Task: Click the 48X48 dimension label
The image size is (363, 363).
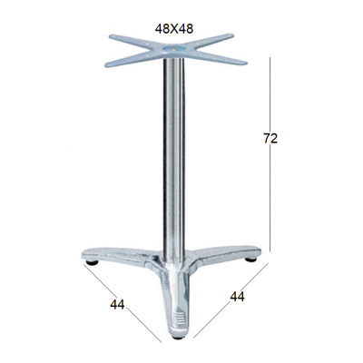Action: (174, 29)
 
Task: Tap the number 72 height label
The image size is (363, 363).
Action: (270, 139)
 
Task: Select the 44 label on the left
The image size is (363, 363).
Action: (117, 305)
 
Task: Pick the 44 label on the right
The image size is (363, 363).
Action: (237, 297)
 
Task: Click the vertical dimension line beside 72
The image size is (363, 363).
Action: (270, 154)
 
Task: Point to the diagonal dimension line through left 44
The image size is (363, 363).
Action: (123, 303)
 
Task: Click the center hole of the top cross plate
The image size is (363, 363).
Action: (174, 49)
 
